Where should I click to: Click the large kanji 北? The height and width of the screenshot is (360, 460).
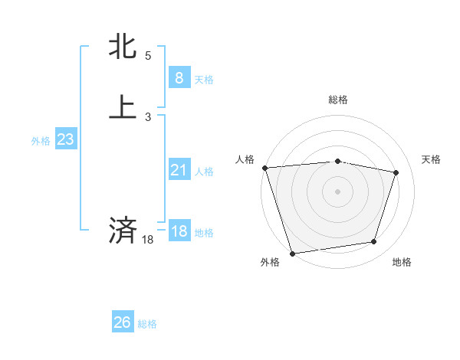click(x=123, y=47)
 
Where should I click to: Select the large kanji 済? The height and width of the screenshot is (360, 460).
click(x=123, y=231)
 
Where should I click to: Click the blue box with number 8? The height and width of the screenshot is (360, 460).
click(x=179, y=77)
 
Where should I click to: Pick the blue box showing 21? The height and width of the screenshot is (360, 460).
click(x=179, y=170)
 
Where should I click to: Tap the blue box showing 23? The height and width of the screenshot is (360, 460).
click(x=65, y=139)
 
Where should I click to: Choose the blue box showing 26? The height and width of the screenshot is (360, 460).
click(x=123, y=322)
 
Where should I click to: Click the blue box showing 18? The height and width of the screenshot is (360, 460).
click(x=179, y=231)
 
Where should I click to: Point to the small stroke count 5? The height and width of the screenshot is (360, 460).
click(x=148, y=56)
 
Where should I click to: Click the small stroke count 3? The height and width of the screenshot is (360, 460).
click(x=148, y=117)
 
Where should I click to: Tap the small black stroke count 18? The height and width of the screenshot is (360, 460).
click(x=148, y=240)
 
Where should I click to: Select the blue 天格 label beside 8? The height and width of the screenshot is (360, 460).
click(x=204, y=79)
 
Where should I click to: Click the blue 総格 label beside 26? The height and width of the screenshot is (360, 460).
click(x=147, y=324)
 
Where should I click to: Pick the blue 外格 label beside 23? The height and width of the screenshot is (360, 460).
click(x=41, y=141)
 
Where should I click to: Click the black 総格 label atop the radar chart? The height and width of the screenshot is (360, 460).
click(x=337, y=100)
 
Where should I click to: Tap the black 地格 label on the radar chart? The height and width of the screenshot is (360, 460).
click(x=402, y=263)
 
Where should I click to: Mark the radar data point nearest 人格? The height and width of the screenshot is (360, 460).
click(x=264, y=168)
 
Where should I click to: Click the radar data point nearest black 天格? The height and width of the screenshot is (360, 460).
click(x=396, y=172)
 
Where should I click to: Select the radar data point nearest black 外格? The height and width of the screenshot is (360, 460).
click(x=292, y=253)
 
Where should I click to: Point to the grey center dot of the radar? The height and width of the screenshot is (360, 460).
click(x=337, y=191)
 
